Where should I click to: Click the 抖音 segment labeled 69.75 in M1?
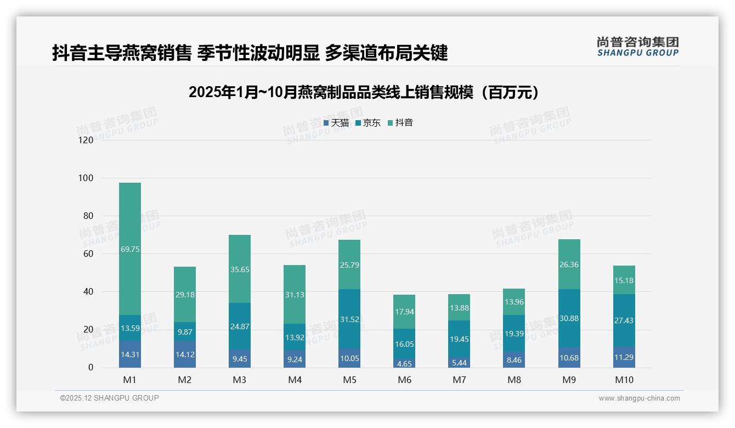(130, 249)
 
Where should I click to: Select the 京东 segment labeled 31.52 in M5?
(349, 318)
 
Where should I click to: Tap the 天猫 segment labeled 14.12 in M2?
(185, 354)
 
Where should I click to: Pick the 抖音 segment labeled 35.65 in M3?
(240, 269)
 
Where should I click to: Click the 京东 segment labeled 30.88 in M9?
(569, 318)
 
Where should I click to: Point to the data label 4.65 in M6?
(404, 363)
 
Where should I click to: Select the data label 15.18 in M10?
(624, 280)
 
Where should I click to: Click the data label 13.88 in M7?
(459, 308)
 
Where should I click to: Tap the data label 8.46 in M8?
(514, 359)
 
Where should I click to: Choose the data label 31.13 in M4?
(295, 295)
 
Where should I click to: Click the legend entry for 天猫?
(336, 123)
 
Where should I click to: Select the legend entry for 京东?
(368, 123)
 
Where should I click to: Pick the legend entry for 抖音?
(400, 123)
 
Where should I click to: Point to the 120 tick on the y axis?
(86, 140)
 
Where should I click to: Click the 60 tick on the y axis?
(88, 254)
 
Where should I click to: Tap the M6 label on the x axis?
(404, 380)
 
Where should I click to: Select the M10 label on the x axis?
(624, 380)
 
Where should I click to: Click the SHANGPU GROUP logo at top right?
(637, 46)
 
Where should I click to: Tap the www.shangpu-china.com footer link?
(639, 398)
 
